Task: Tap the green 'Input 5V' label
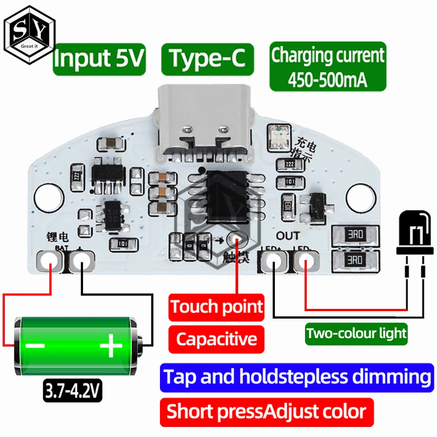[x=99, y=59]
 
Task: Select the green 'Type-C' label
[x=207, y=59]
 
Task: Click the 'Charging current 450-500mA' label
[x=328, y=66]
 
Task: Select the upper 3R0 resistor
[x=354, y=235]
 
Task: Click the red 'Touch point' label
[x=216, y=307]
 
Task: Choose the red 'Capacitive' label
[x=216, y=339]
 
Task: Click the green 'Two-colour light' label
[x=356, y=333]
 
